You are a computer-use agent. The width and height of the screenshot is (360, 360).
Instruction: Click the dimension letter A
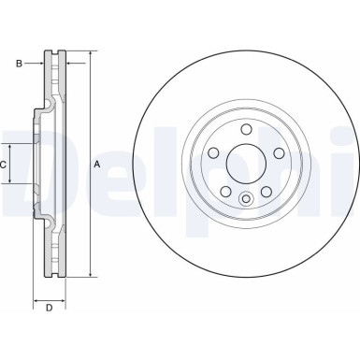97,165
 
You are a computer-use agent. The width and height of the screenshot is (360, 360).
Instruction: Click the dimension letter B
19,65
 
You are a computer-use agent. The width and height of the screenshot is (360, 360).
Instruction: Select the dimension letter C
5,165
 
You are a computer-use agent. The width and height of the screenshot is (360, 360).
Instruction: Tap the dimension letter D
49,307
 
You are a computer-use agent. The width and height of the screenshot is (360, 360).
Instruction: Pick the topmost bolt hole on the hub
246,130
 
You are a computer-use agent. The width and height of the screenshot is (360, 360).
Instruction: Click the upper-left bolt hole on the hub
214,153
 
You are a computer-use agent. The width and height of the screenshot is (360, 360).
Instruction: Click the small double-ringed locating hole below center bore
246,197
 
